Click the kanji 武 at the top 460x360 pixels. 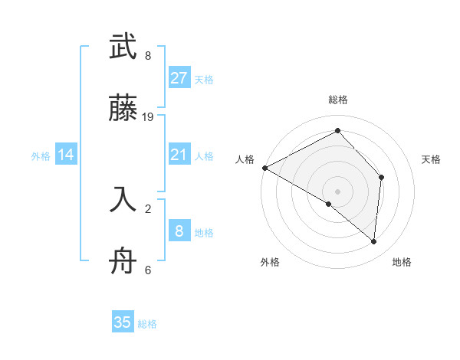[123, 47]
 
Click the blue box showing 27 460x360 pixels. [179, 78]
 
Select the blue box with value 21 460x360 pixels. [179, 155]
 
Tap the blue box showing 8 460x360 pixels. [179, 231]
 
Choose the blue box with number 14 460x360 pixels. [66, 155]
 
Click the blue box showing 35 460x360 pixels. [123, 322]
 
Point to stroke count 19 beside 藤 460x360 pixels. [149, 117]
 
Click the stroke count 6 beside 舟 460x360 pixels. [148, 270]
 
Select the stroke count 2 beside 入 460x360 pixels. [148, 207]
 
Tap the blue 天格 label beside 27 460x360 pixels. [204, 79]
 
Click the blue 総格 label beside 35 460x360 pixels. [147, 323]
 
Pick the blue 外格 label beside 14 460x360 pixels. [41, 156]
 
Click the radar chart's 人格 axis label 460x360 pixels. [245, 159]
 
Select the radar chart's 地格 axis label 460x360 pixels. [402, 262]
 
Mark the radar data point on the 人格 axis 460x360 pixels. [264, 168]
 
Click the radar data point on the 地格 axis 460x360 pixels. [374, 242]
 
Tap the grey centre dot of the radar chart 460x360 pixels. [338, 191]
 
